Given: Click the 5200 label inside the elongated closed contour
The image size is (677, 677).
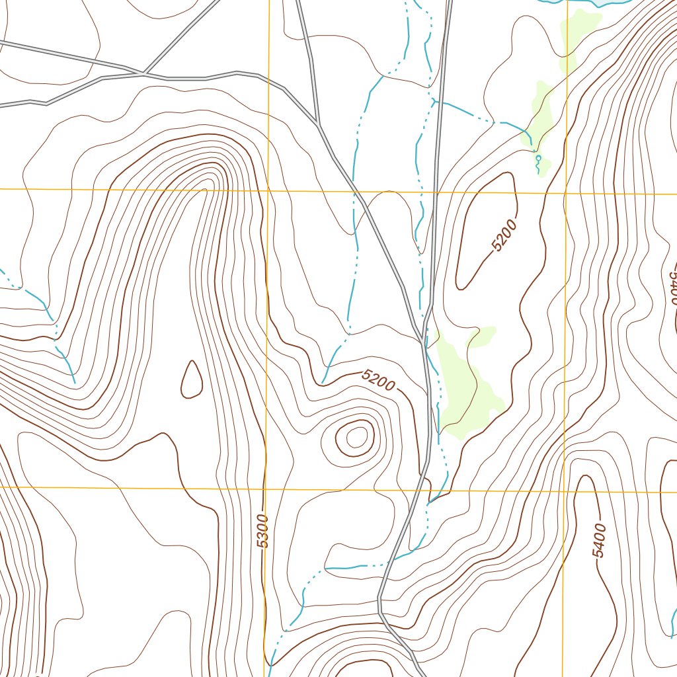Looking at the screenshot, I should tap(504, 236).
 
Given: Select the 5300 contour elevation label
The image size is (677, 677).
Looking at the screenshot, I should tap(262, 531).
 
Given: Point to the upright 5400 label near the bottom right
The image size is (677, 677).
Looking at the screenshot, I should tap(599, 540).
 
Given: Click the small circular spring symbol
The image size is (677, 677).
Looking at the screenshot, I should tap(538, 159).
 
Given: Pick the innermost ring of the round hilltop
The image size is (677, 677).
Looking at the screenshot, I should tap(356, 436).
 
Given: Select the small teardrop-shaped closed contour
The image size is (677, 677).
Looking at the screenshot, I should tap(192, 380).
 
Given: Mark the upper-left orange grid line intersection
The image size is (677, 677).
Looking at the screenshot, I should tap(268, 190).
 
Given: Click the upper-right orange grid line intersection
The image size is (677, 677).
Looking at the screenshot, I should tap(566, 194).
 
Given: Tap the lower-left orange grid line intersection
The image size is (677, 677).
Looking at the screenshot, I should tap(266, 489).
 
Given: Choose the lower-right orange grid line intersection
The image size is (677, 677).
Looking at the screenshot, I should tap(564, 491).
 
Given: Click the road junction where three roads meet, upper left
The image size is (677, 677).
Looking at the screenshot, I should tap(143, 73).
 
